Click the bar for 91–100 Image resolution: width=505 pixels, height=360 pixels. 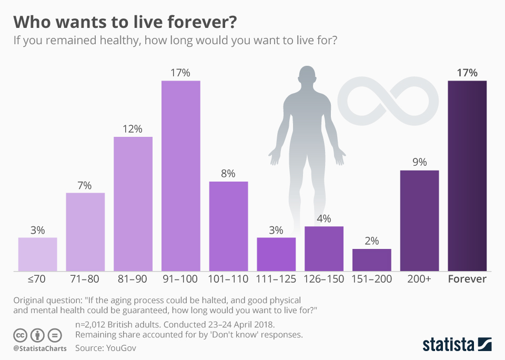[180, 176]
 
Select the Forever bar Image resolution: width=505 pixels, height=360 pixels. [467, 176]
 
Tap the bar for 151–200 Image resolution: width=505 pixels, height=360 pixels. [371, 260]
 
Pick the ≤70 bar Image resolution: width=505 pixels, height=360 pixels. [37, 254]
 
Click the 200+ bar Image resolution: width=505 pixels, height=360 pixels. [419, 221]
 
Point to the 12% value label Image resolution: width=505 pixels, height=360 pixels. [133, 129]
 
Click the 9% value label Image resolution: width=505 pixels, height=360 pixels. [419, 163]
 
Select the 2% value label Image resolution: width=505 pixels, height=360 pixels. [371, 241]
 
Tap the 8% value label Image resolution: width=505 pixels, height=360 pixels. [228, 174]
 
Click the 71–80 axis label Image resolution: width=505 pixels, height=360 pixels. [85, 279]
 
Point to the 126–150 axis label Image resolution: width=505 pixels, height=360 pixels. [324, 279]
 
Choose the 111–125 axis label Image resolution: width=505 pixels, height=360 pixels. [276, 279]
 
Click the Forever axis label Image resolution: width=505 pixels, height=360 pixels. [467, 279]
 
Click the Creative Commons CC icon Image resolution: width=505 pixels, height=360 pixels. [21, 335]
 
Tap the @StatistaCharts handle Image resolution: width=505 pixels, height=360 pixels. [40, 348]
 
